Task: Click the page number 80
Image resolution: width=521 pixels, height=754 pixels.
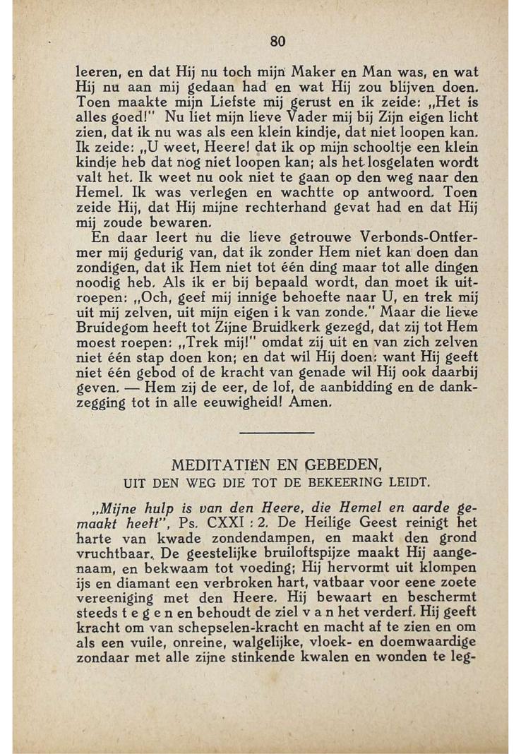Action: click(x=277, y=42)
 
